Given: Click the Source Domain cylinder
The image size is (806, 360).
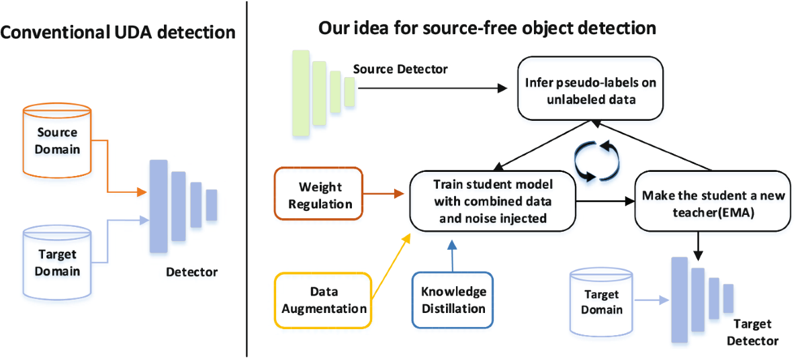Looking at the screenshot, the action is click(x=57, y=140).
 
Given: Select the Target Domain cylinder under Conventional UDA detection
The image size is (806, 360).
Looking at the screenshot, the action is click(x=57, y=263).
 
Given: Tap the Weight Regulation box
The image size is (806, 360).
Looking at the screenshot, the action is click(x=319, y=194).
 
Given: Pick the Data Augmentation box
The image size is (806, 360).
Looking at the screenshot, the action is click(x=323, y=300).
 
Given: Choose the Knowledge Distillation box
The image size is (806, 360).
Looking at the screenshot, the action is click(x=453, y=300).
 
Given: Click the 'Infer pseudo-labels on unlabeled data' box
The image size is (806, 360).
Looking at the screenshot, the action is click(x=590, y=89).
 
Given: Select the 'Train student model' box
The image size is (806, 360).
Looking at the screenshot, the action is click(x=492, y=201).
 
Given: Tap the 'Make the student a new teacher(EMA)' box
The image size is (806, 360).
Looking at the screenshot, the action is click(x=713, y=201).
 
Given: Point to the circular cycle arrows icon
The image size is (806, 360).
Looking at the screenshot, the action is click(x=596, y=161).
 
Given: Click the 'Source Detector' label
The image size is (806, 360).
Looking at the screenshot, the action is click(x=400, y=69).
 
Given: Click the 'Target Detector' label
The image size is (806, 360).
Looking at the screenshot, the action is click(x=752, y=332).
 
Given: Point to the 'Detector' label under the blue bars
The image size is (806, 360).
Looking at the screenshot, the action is click(x=192, y=272).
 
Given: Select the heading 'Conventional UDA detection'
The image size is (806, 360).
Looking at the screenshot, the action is click(x=118, y=32).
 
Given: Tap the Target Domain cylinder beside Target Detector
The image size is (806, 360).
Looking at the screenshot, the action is click(x=601, y=302).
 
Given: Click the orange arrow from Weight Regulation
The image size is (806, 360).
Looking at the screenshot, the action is click(x=384, y=194).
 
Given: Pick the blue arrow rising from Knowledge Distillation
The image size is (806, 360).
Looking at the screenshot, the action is click(x=452, y=256).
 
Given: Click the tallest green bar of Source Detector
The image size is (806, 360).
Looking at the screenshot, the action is click(x=301, y=93).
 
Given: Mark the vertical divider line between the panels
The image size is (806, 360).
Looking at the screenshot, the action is click(x=247, y=179).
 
